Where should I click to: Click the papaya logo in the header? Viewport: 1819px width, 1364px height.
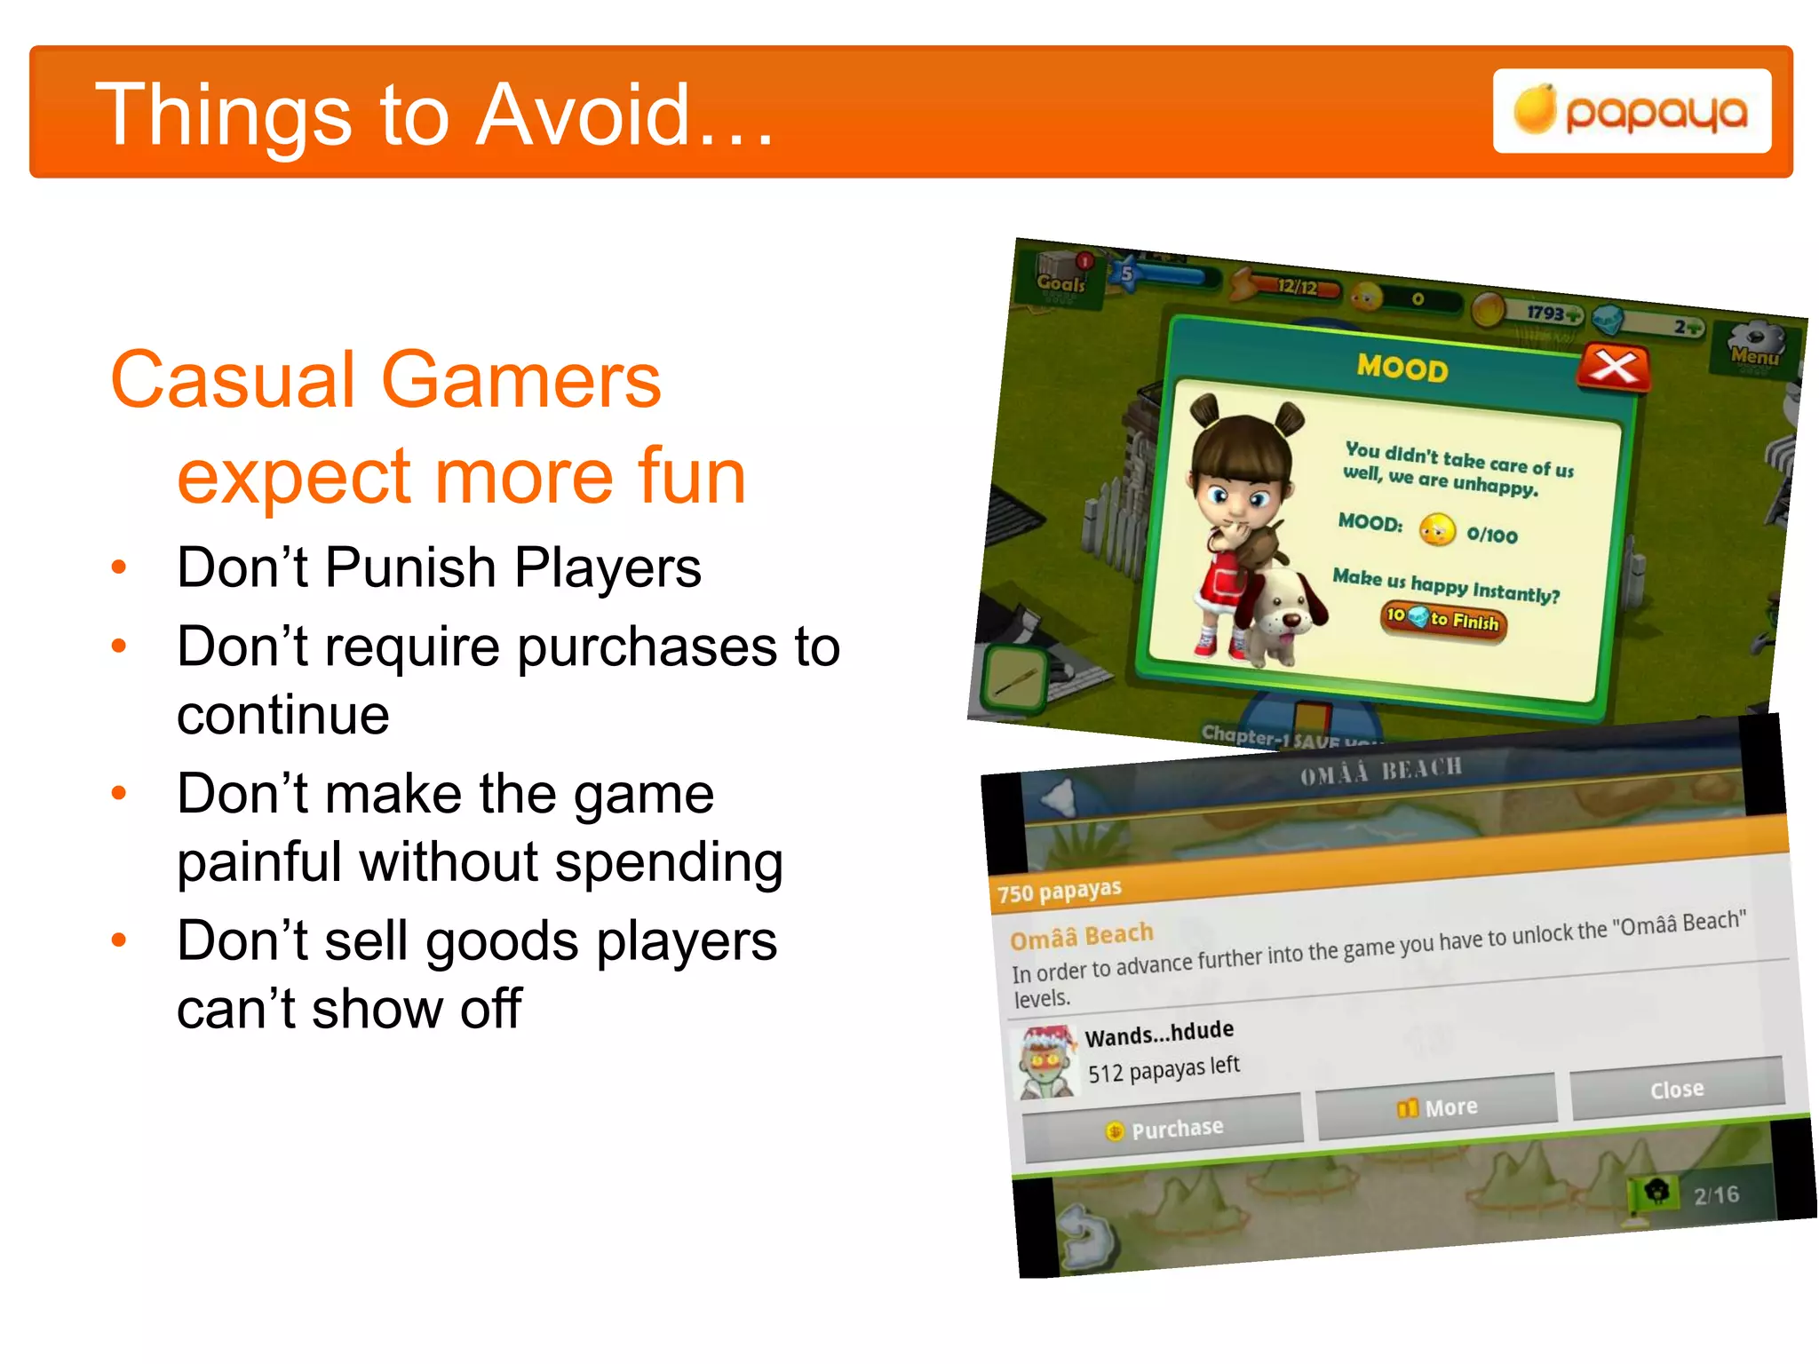(x=1632, y=112)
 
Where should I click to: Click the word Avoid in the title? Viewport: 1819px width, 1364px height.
(x=583, y=115)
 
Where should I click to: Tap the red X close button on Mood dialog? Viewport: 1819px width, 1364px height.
(x=1614, y=367)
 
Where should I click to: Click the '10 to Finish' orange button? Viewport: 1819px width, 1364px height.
(x=1444, y=619)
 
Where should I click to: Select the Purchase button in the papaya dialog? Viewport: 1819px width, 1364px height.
(x=1164, y=1129)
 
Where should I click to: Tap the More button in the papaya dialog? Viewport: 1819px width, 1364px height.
(x=1437, y=1107)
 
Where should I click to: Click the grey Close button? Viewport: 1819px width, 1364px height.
(x=1677, y=1089)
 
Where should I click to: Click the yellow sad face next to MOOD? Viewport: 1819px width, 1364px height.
(x=1436, y=530)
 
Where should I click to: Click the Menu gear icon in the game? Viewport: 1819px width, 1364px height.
(x=1755, y=347)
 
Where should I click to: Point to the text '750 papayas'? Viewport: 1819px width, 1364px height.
(x=1059, y=891)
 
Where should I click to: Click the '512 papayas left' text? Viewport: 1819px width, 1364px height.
(x=1164, y=1069)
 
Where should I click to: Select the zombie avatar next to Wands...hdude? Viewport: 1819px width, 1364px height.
(x=1046, y=1063)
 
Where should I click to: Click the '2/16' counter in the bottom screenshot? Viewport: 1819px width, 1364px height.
(x=1715, y=1195)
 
